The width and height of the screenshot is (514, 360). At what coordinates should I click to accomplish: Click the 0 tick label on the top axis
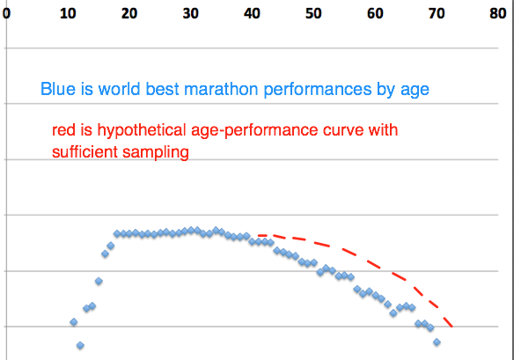(6, 13)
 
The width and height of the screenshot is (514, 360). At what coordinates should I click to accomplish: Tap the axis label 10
(68, 13)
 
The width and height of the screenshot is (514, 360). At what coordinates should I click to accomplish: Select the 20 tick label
(129, 13)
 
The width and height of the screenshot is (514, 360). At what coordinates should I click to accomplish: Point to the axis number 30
(190, 13)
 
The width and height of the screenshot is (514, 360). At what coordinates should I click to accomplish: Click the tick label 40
(252, 13)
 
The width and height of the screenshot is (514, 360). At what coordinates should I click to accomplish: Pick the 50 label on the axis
(313, 13)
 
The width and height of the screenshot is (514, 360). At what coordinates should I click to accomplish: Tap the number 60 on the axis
(375, 13)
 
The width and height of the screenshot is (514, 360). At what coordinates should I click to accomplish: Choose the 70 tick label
(437, 13)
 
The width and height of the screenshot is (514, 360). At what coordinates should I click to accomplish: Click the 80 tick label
(498, 13)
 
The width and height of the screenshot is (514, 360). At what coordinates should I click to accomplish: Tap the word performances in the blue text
(318, 90)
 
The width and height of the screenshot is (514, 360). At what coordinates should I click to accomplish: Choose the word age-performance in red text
(254, 130)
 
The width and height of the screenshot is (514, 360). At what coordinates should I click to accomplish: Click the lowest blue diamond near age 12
(80, 345)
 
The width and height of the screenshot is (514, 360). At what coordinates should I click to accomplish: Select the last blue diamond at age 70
(437, 342)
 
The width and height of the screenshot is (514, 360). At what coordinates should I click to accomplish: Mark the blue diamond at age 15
(99, 281)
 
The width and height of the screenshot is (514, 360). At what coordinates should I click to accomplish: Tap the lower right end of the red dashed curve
(452, 327)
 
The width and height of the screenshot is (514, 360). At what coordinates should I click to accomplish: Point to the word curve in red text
(343, 130)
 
